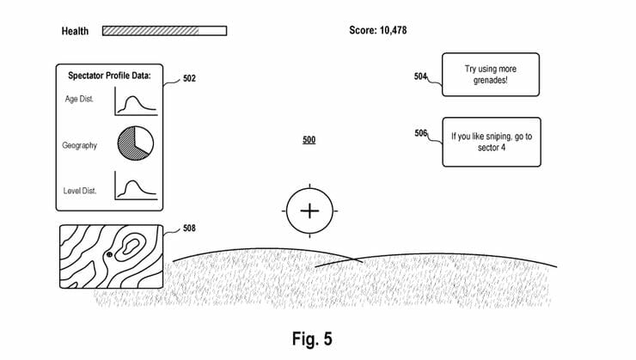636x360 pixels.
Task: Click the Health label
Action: pos(75,32)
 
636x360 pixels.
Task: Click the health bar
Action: pos(164,31)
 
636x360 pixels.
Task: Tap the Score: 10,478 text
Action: pos(377,31)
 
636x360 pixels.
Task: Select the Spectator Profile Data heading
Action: pos(109,76)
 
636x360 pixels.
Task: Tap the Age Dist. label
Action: pos(80,99)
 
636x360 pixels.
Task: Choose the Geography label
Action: pos(79,145)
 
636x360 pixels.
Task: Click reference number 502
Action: pos(189,78)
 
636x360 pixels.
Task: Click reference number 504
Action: pos(420,76)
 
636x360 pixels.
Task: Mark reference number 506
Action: pos(420,134)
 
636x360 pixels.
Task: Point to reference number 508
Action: pos(189,229)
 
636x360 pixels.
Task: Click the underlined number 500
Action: pos(309,139)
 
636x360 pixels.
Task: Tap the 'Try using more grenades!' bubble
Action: pos(491,74)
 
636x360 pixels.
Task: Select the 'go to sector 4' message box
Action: pos(491,142)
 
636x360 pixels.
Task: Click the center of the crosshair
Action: pos(309,211)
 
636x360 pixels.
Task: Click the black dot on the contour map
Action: pos(109,255)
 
